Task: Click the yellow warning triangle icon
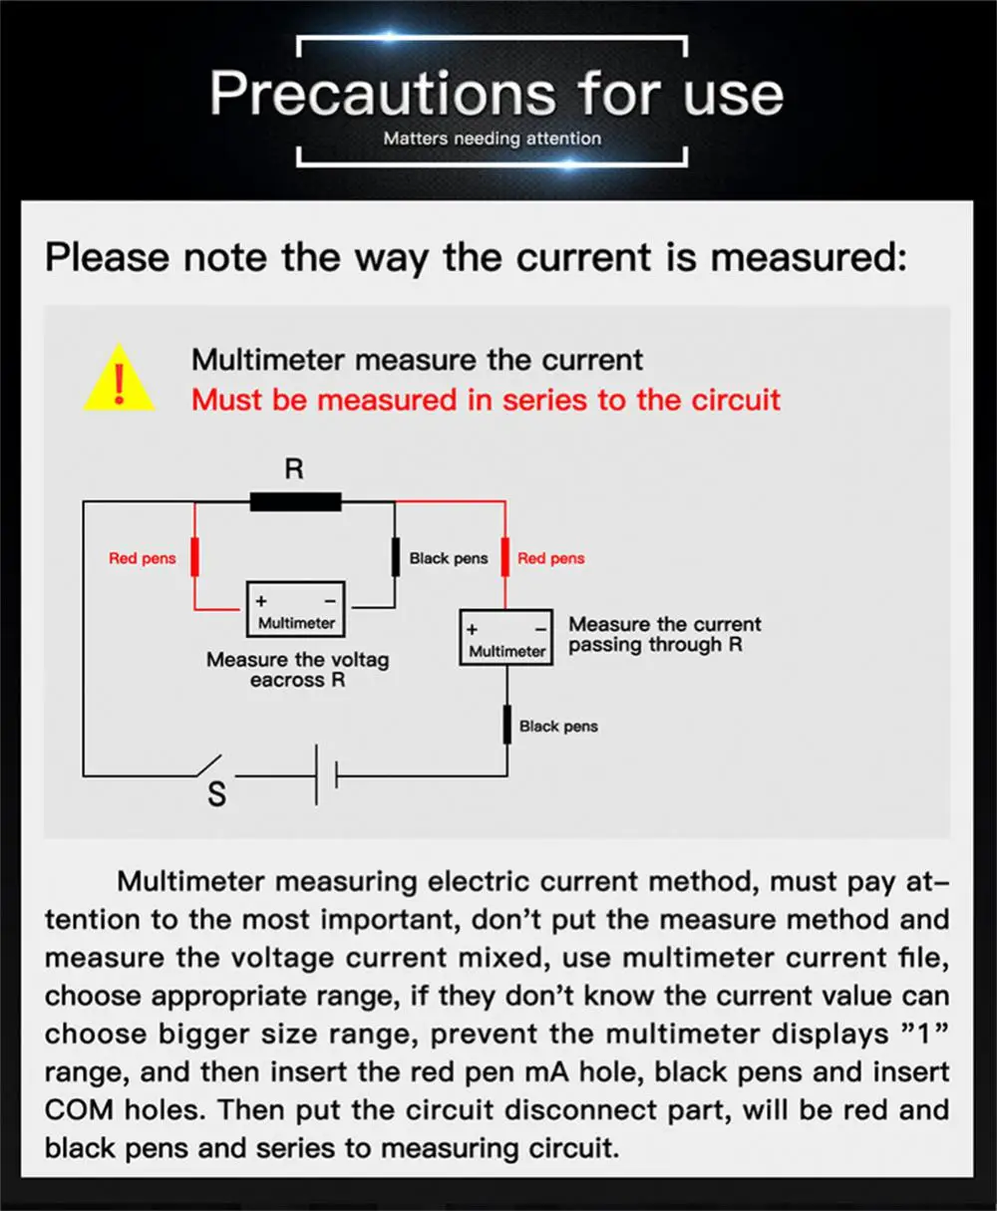point(119,379)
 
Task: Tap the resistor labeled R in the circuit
point(295,501)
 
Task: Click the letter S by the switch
point(216,794)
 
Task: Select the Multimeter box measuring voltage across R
point(296,610)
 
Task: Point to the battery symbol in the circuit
point(326,774)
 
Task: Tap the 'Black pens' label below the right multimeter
point(558,727)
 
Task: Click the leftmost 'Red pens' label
point(142,558)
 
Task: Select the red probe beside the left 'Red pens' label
point(194,555)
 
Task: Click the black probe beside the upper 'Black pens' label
point(395,555)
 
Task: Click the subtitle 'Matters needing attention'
point(493,139)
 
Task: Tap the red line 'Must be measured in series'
point(486,400)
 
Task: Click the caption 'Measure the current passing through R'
point(664,635)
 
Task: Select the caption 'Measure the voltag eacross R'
point(297,670)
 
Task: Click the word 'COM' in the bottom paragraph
point(80,1109)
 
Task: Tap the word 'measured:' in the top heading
point(808,257)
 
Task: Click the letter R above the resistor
point(294,468)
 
